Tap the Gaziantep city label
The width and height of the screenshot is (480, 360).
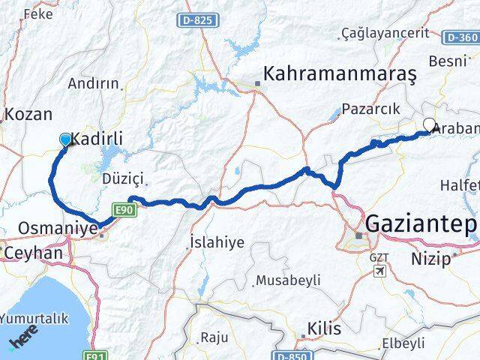click(x=421, y=223)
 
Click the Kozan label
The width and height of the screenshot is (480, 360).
click(x=28, y=115)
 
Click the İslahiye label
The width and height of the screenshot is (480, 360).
click(x=217, y=244)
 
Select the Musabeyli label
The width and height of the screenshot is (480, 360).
click(x=288, y=280)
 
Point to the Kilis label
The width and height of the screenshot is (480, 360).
click(x=324, y=328)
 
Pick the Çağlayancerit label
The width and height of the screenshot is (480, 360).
click(x=385, y=32)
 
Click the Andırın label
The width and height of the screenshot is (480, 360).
click(x=94, y=84)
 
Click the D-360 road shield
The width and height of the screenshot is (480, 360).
click(x=460, y=37)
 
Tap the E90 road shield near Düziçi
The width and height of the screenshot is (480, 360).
click(x=124, y=210)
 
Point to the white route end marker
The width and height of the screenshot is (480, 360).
click(x=429, y=125)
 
